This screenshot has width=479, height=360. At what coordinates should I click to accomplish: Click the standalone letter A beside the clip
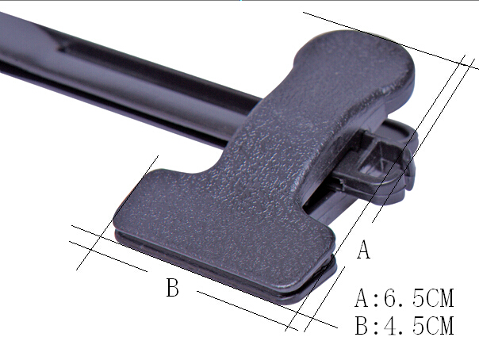point(363,250)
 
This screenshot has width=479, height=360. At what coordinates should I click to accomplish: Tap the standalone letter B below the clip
point(173,287)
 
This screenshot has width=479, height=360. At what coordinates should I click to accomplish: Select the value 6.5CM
point(419,297)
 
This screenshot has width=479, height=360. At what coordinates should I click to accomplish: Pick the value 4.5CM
point(419,325)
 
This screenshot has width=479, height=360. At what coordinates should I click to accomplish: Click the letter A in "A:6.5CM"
point(362,297)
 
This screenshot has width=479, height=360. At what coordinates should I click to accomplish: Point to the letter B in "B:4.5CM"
point(362,325)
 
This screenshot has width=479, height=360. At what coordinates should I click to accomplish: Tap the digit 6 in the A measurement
point(390,297)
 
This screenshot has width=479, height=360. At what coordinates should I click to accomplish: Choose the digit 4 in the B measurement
point(390,325)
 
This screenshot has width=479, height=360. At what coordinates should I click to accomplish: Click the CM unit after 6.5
point(439,297)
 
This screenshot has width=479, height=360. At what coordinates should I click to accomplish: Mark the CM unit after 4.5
point(439,325)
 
